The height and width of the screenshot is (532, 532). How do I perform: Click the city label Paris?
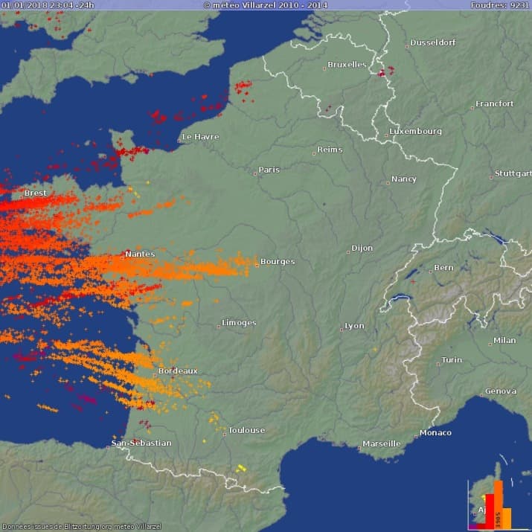269,170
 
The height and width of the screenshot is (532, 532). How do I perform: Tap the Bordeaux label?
178,371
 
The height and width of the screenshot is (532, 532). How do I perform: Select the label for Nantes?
140,254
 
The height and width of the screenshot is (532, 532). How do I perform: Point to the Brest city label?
35,193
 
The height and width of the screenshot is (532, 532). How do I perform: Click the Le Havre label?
201,137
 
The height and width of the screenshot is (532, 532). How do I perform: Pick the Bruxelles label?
347,65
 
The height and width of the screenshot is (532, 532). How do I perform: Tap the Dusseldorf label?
432,42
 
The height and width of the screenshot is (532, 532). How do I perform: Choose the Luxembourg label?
415,131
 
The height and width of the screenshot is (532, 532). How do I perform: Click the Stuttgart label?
513,174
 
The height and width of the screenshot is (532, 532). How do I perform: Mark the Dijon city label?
362,248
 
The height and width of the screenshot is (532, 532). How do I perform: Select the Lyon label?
354,326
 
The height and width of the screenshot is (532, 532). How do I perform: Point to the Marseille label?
381,443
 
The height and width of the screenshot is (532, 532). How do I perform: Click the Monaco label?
435,432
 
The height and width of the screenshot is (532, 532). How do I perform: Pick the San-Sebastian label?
141,443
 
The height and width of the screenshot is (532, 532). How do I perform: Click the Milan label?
504,341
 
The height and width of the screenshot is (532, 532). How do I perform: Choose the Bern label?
443,268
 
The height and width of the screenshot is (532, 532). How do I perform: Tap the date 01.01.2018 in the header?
23,4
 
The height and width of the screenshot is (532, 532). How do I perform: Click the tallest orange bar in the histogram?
498,503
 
